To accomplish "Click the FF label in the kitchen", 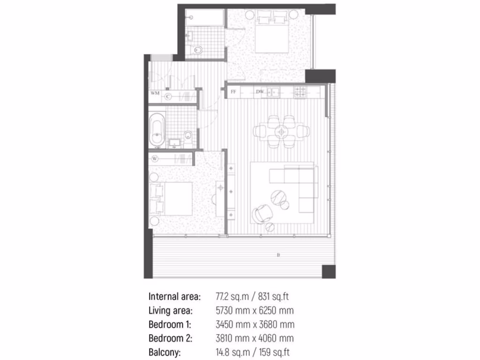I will [x=233, y=92].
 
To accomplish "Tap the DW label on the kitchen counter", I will [x=259, y=92].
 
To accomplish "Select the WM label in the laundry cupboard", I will [x=155, y=94].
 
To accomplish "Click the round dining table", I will [x=282, y=132].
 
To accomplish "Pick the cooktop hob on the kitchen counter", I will [x=300, y=92].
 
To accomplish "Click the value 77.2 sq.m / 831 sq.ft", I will [x=255, y=297].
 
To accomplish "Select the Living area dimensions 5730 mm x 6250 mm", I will [x=255, y=310].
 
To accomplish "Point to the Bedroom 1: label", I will [x=170, y=324].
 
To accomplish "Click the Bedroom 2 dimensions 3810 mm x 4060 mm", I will [x=255, y=338].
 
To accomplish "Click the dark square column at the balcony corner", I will [x=328, y=271].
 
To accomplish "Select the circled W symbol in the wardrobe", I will [x=154, y=159].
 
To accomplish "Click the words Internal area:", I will [x=174, y=297].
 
